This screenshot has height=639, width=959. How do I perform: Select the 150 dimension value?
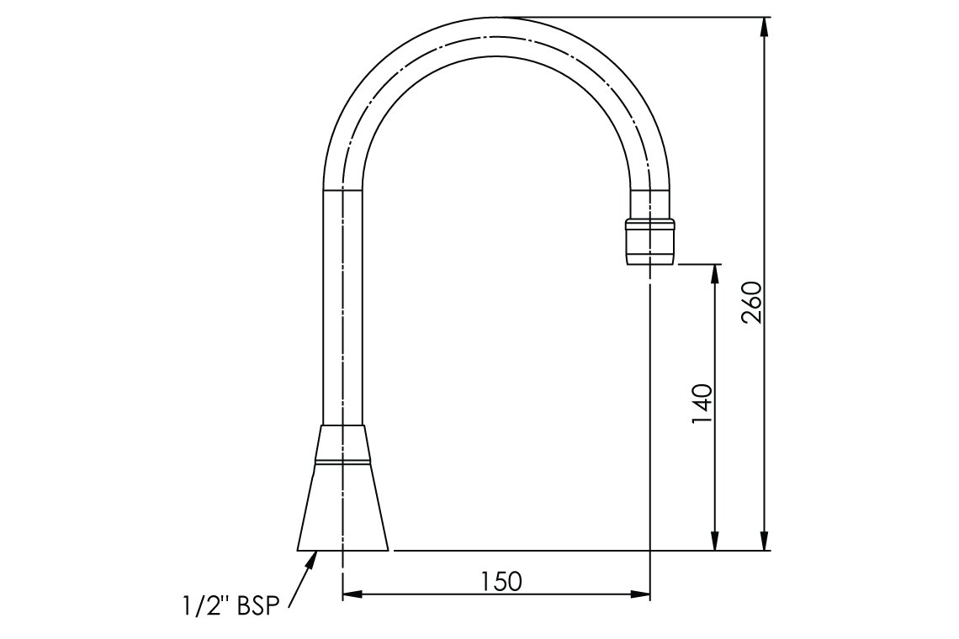(501, 581)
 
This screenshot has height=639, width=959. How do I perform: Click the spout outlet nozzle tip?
(650, 242)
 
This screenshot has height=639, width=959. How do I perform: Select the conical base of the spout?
(343, 508)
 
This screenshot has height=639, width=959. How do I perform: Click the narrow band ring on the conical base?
(343, 462)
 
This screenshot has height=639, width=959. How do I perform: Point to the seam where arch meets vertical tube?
(343, 189)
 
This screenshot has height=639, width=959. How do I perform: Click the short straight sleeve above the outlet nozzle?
(650, 203)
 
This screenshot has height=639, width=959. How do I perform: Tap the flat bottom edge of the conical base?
(343, 550)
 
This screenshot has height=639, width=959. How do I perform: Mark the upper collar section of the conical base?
(343, 441)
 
